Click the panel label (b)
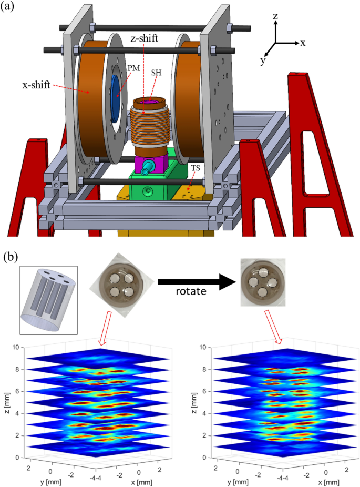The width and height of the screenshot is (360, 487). click(x=11, y=257)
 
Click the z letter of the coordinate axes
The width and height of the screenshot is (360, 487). click(x=275, y=17)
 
